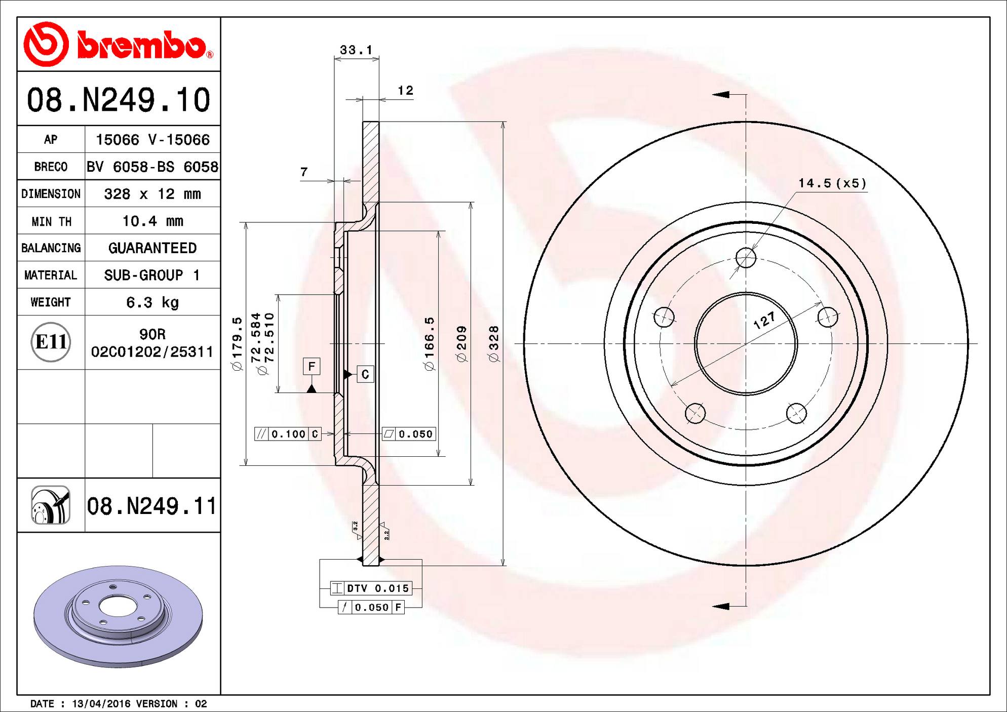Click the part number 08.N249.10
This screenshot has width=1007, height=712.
click(119, 100)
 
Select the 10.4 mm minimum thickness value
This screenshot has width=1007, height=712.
click(152, 221)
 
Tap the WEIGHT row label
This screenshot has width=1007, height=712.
click(51, 302)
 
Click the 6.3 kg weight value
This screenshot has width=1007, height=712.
click(152, 302)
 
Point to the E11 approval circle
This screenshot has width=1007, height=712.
click(51, 342)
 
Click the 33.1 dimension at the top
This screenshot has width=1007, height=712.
click(356, 50)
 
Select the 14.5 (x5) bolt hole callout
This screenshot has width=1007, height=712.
click(832, 183)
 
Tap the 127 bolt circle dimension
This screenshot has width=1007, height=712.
click(764, 320)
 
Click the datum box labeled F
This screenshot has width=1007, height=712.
click(312, 366)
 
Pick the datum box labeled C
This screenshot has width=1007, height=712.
click(365, 374)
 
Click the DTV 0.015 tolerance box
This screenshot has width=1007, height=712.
click(371, 588)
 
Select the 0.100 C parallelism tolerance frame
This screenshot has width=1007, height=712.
click(288, 434)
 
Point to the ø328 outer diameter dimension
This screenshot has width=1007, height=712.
click(494, 344)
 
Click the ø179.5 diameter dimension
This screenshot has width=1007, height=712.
click(237, 344)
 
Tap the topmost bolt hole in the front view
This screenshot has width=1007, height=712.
click(746, 258)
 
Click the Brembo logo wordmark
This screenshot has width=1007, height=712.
click(142, 47)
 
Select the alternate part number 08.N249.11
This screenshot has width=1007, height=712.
click(151, 506)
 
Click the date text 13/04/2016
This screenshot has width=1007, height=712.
click(101, 704)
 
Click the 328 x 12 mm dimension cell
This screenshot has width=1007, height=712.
click(152, 194)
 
